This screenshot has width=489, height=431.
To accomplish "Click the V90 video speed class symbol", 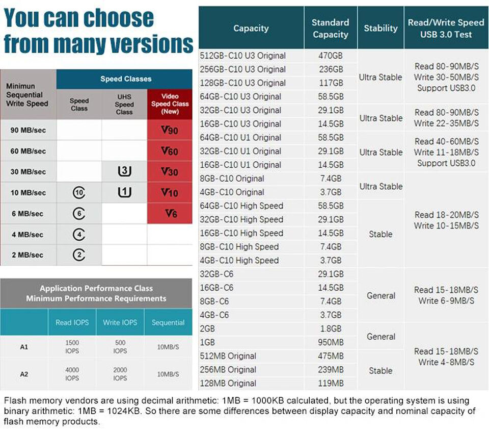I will pos(170,131).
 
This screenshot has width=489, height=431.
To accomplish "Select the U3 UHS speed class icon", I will pos(124,172).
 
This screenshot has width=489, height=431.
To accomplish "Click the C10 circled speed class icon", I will pos(79,193).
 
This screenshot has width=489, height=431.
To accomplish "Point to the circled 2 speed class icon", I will pos(79,255).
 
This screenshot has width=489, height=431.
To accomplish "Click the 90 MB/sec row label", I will pos(28,131).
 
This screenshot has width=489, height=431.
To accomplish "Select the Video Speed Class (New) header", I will pos(170,104).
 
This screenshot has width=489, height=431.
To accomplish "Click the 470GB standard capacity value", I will pos(330,56).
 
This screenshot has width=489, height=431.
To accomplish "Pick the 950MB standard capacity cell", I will pos(330,342).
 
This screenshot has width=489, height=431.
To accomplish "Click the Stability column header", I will pos(381,29).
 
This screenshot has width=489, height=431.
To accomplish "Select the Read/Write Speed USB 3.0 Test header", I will pos(446,29).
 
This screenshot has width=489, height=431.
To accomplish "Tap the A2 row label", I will pos(24,374).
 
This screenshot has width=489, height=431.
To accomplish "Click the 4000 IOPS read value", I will pos(72,374).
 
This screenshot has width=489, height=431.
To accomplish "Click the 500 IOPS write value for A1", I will pos(120,347).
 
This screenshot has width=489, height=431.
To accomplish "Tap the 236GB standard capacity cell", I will pos(330,69).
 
